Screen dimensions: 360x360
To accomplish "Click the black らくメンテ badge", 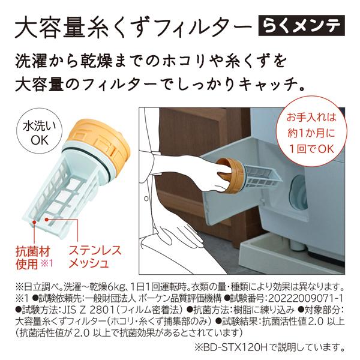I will [x=305, y=26].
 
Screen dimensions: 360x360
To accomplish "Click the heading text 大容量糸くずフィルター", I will [x=130, y=27].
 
